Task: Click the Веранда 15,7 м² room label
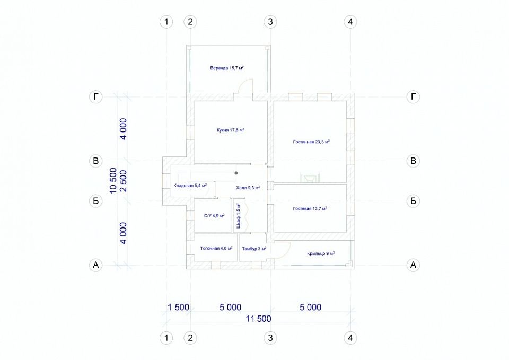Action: (x=227, y=68)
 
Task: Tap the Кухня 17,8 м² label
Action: (x=231, y=130)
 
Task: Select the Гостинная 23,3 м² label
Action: (x=311, y=142)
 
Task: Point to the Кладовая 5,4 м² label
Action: (x=190, y=186)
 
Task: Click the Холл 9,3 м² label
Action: (x=248, y=188)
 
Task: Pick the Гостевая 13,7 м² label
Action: (x=310, y=208)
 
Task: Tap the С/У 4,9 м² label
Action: (x=214, y=216)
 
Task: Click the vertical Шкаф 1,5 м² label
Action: (x=239, y=216)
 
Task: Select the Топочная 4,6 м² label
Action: (x=216, y=248)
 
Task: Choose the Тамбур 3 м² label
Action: (x=254, y=249)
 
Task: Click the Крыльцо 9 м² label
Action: (x=321, y=253)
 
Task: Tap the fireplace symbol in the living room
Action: (x=310, y=178)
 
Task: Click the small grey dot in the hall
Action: (x=236, y=173)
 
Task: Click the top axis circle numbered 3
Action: (x=270, y=22)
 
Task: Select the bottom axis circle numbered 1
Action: (x=166, y=338)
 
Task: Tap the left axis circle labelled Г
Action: (x=96, y=96)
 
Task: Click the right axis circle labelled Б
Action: (x=413, y=201)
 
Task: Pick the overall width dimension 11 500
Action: (x=258, y=319)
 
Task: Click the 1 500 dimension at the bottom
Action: (x=178, y=307)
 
